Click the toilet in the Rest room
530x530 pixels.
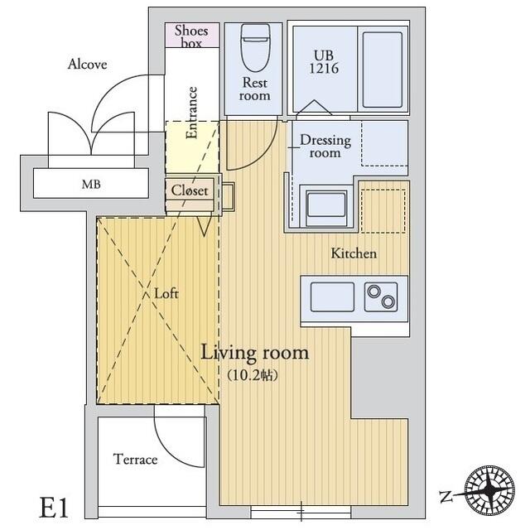(256, 47)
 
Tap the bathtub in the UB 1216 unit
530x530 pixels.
(383, 70)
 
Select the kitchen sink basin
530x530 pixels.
(332, 296)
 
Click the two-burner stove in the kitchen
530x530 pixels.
(381, 296)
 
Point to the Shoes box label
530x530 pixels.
(191, 36)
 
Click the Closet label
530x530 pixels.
(190, 190)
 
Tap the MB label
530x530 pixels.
(91, 184)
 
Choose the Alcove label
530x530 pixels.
(87, 64)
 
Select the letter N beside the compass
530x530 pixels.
(446, 496)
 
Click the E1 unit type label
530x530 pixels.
(54, 508)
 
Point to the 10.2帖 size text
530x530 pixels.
(253, 375)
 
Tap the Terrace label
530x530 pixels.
(135, 460)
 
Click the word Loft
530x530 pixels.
(166, 293)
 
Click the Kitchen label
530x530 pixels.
(354, 253)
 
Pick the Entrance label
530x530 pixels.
(191, 113)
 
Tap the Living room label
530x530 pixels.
(255, 354)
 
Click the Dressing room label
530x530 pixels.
(325, 147)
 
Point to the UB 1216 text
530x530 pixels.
(324, 62)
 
